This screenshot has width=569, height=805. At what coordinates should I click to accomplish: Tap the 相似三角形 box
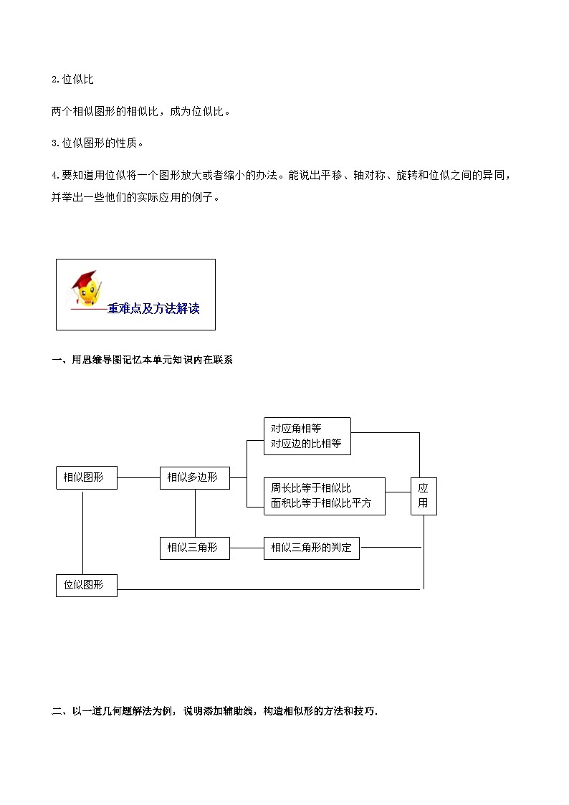194,548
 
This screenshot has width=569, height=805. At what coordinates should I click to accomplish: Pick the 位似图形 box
86,585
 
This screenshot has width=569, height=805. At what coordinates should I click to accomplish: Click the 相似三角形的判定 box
312,548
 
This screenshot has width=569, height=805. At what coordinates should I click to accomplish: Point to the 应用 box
423,495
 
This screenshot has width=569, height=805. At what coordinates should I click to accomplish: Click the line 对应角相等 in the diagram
296,429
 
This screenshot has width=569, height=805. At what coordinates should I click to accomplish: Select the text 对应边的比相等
306,444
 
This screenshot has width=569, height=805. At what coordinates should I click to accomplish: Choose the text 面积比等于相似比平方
321,503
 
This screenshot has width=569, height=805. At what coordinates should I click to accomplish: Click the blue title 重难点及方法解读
153,310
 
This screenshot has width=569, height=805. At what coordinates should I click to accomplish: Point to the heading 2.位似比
72,80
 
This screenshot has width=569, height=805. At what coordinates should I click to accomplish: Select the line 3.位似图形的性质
97,143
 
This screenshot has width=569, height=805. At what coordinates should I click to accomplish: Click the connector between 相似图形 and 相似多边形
138,477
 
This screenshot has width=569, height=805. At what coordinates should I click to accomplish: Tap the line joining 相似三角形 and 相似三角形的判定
247,548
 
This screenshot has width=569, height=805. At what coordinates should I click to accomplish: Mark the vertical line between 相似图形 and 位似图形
83,531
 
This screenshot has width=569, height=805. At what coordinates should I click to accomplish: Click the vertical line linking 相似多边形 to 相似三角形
195,513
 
